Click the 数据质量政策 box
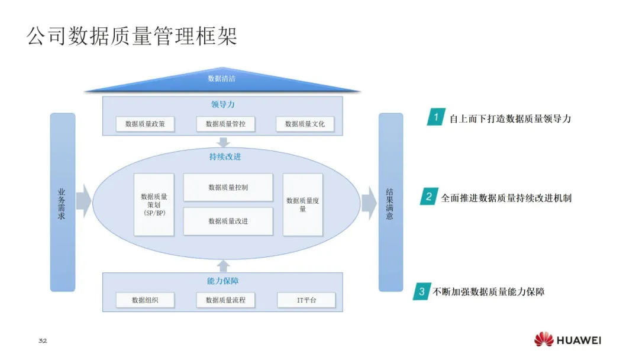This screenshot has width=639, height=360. tap(145, 124)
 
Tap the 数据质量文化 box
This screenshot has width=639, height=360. tap(305, 124)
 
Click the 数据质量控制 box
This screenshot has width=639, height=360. tap(228, 187)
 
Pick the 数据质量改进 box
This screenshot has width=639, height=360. tap(228, 221)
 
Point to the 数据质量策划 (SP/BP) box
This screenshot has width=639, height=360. tap(154, 204)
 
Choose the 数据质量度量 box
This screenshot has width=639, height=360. tap(303, 204)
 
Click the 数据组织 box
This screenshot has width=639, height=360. tap(145, 300)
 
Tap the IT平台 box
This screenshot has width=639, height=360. tap(306, 300)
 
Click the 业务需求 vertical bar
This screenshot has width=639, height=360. tap(62, 202)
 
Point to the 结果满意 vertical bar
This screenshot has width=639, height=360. tap(390, 202)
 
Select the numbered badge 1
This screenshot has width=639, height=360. tap(436, 117)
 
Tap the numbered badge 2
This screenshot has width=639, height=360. tap(428, 197)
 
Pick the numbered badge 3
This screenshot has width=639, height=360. tap(421, 291)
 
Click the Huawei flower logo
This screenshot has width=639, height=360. tap(544, 340)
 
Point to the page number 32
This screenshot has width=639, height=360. tap(42, 341)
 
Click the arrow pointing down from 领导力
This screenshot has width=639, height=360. tap(223, 142)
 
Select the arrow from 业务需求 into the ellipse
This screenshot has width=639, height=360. tap(83, 201)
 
